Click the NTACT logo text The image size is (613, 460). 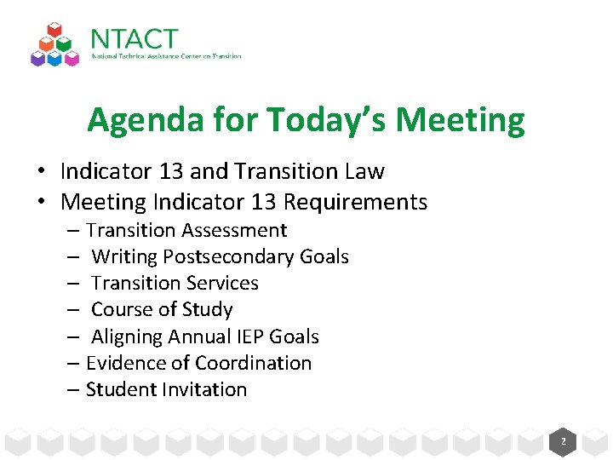pyautogui.click(x=134, y=39)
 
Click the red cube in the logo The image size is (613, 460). pyautogui.click(x=55, y=31)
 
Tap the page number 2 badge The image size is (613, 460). pyautogui.click(x=563, y=442)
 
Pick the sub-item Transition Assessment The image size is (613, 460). pyautogui.click(x=186, y=230)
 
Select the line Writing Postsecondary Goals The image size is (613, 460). pyautogui.click(x=220, y=256)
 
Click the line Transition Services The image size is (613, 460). pyautogui.click(x=175, y=283)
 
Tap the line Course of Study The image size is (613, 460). pyautogui.click(x=162, y=309)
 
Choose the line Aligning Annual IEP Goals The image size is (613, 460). pyautogui.click(x=204, y=336)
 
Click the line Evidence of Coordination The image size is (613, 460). pyautogui.click(x=198, y=363)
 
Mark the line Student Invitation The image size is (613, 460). pyautogui.click(x=166, y=389)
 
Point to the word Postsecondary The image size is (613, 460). pyautogui.click(x=229, y=256)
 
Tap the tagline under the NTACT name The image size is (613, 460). pyautogui.click(x=166, y=57)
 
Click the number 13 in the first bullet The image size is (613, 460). pyautogui.click(x=171, y=171)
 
